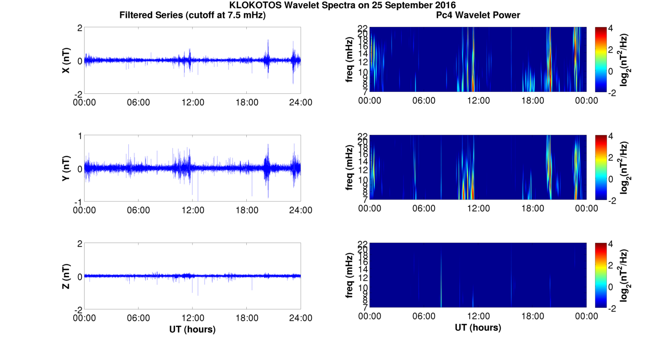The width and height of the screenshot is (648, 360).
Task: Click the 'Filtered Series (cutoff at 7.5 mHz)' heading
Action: pyautogui.click(x=192, y=16)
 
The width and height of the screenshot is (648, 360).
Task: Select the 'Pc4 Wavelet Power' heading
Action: pyautogui.click(x=478, y=16)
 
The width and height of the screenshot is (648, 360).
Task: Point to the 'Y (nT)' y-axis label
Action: pyautogui.click(x=66, y=168)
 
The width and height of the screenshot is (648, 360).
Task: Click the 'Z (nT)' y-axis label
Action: pyautogui.click(x=66, y=276)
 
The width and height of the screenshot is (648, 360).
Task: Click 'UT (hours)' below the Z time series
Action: pyautogui.click(x=192, y=329)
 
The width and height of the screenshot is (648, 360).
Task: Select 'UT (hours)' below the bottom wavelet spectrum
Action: pyautogui.click(x=478, y=328)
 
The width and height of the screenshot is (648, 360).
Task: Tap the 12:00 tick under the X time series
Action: pyautogui.click(x=193, y=102)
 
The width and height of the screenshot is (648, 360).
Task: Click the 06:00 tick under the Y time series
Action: pyautogui.click(x=138, y=210)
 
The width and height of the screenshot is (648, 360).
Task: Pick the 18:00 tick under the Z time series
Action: pyautogui.click(x=247, y=318)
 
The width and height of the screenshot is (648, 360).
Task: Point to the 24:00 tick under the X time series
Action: pyautogui.click(x=301, y=102)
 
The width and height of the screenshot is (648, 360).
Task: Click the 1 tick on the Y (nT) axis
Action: pyautogui.click(x=80, y=136)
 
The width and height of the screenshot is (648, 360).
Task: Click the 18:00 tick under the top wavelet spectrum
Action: pyautogui.click(x=532, y=101)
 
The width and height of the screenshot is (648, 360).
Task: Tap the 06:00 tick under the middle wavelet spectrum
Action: pyautogui.click(x=424, y=208)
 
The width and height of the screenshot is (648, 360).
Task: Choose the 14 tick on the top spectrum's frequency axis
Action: pyautogui.click(x=363, y=54)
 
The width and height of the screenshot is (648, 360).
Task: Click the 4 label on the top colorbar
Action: pyautogui.click(x=614, y=28)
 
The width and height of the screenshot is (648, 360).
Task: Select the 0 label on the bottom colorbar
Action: pyautogui.click(x=614, y=287)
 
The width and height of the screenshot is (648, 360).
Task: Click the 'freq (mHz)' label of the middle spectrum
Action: pyautogui.click(x=350, y=167)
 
